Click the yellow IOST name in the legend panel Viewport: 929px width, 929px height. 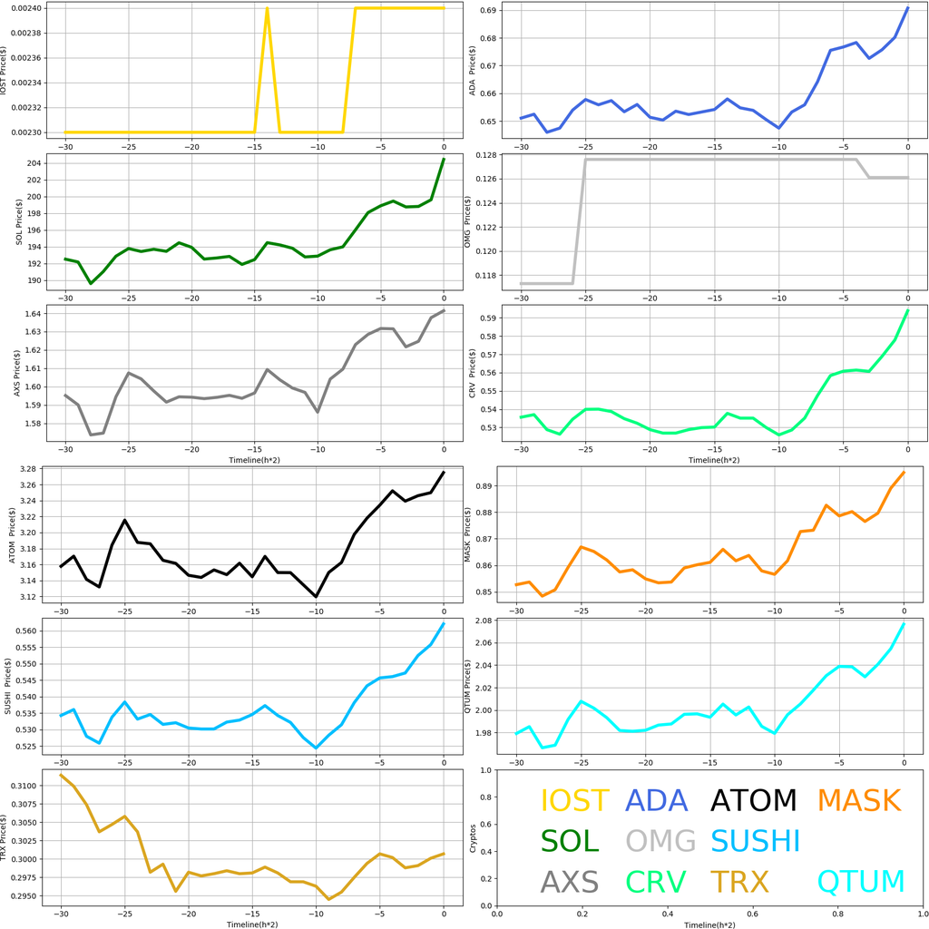[574, 800]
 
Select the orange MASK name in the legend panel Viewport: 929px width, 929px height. [858, 800]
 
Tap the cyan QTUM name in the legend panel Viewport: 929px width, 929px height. [861, 881]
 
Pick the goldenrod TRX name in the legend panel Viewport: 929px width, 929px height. [739, 881]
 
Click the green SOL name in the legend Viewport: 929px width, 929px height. [570, 841]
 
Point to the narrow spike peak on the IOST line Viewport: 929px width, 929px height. [267, 9]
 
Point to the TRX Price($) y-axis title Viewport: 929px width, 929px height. [6, 841]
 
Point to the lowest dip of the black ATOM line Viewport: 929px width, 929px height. [317, 597]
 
